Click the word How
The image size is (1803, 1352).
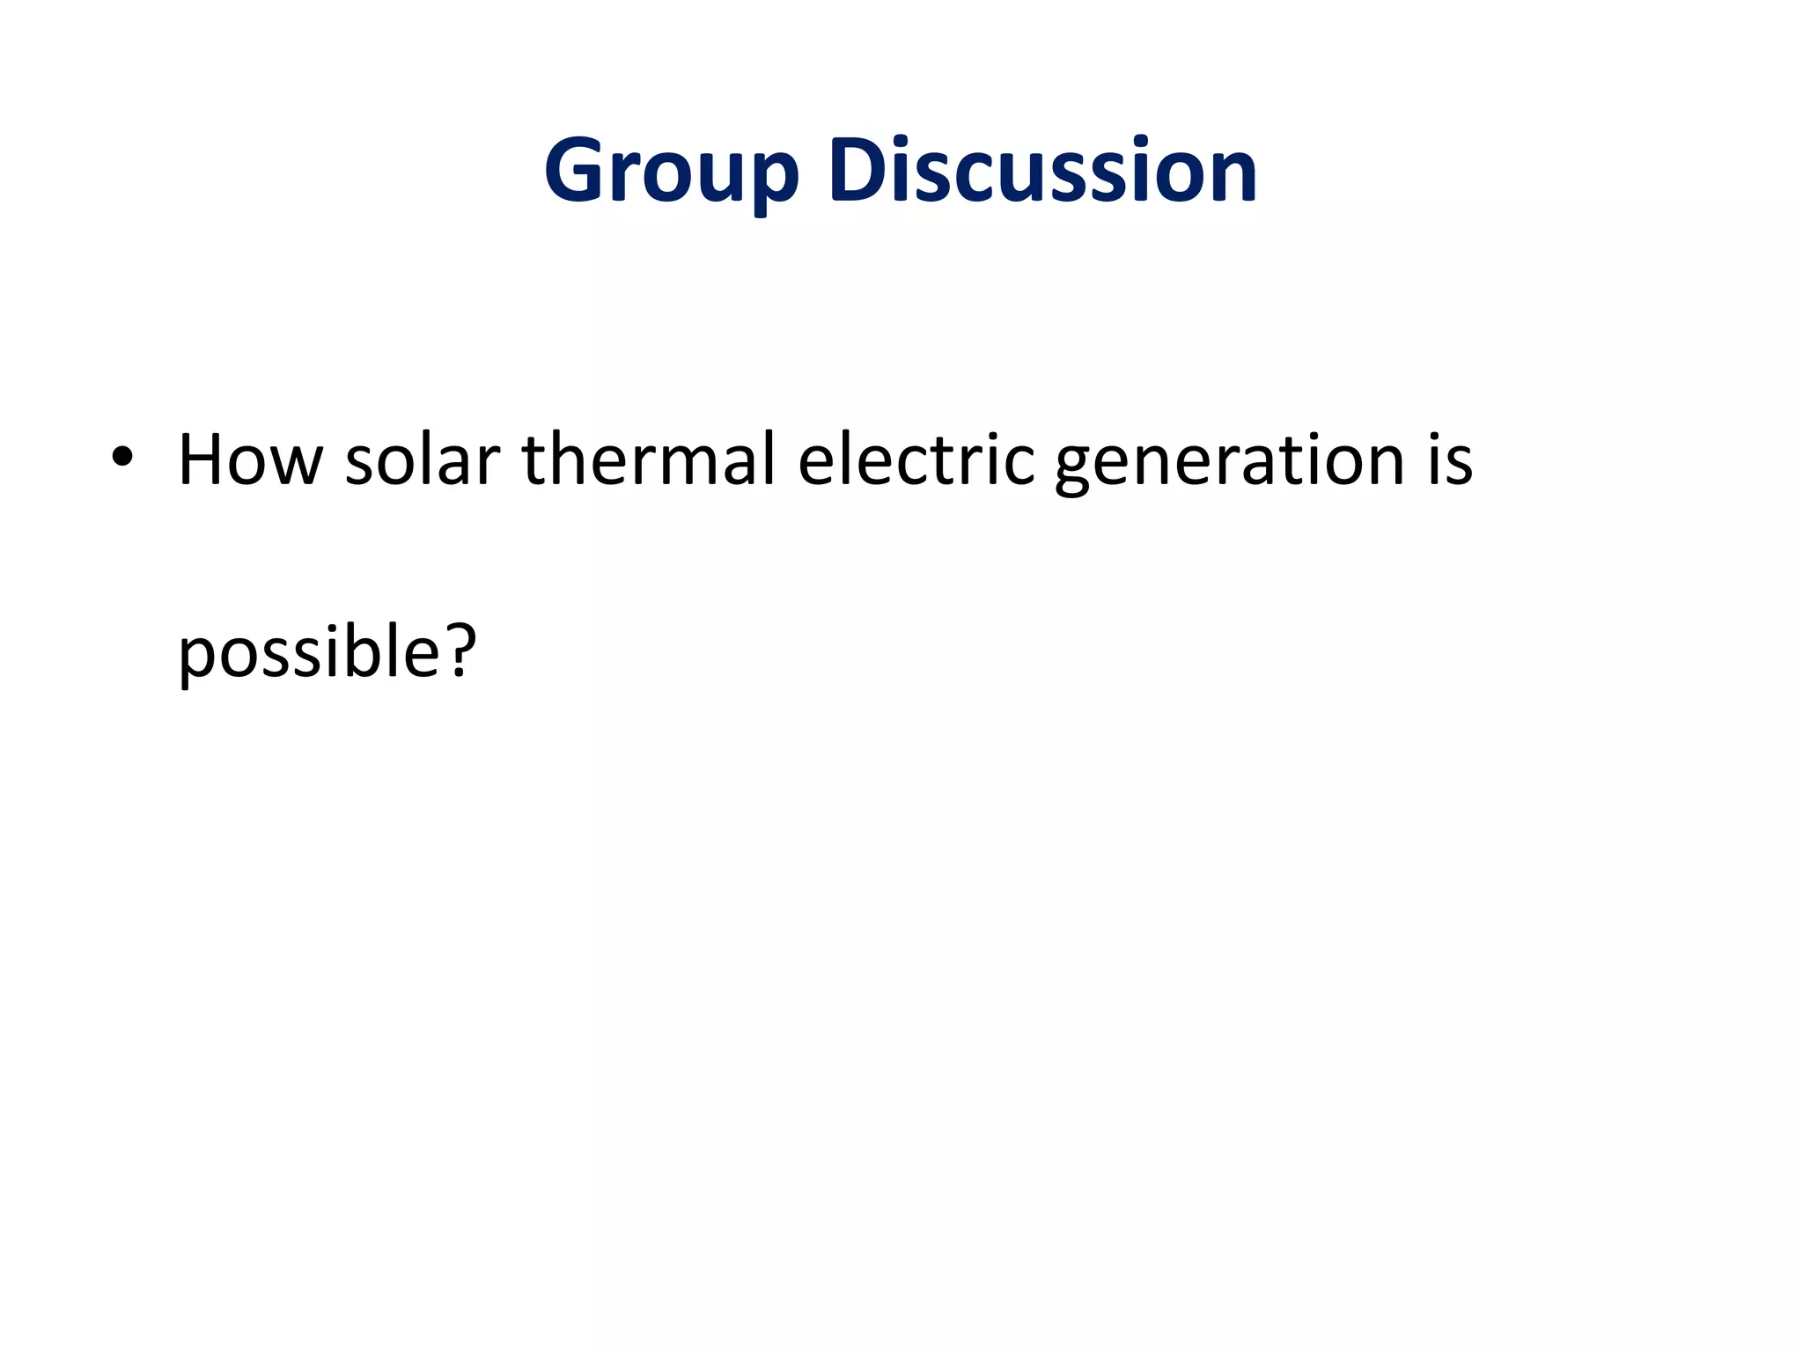250,459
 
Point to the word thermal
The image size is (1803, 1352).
650,459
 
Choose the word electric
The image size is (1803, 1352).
916,459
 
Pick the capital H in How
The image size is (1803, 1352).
201,459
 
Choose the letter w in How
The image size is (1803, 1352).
296,467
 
